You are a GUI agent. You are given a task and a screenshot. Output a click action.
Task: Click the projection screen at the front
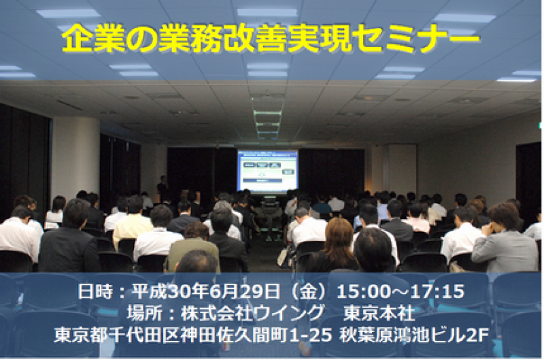point(267,171)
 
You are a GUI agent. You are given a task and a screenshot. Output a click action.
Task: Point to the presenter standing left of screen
point(162,189)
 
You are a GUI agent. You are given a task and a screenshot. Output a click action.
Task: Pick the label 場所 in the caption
point(141,314)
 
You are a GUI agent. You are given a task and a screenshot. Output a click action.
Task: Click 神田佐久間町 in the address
point(220,336)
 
